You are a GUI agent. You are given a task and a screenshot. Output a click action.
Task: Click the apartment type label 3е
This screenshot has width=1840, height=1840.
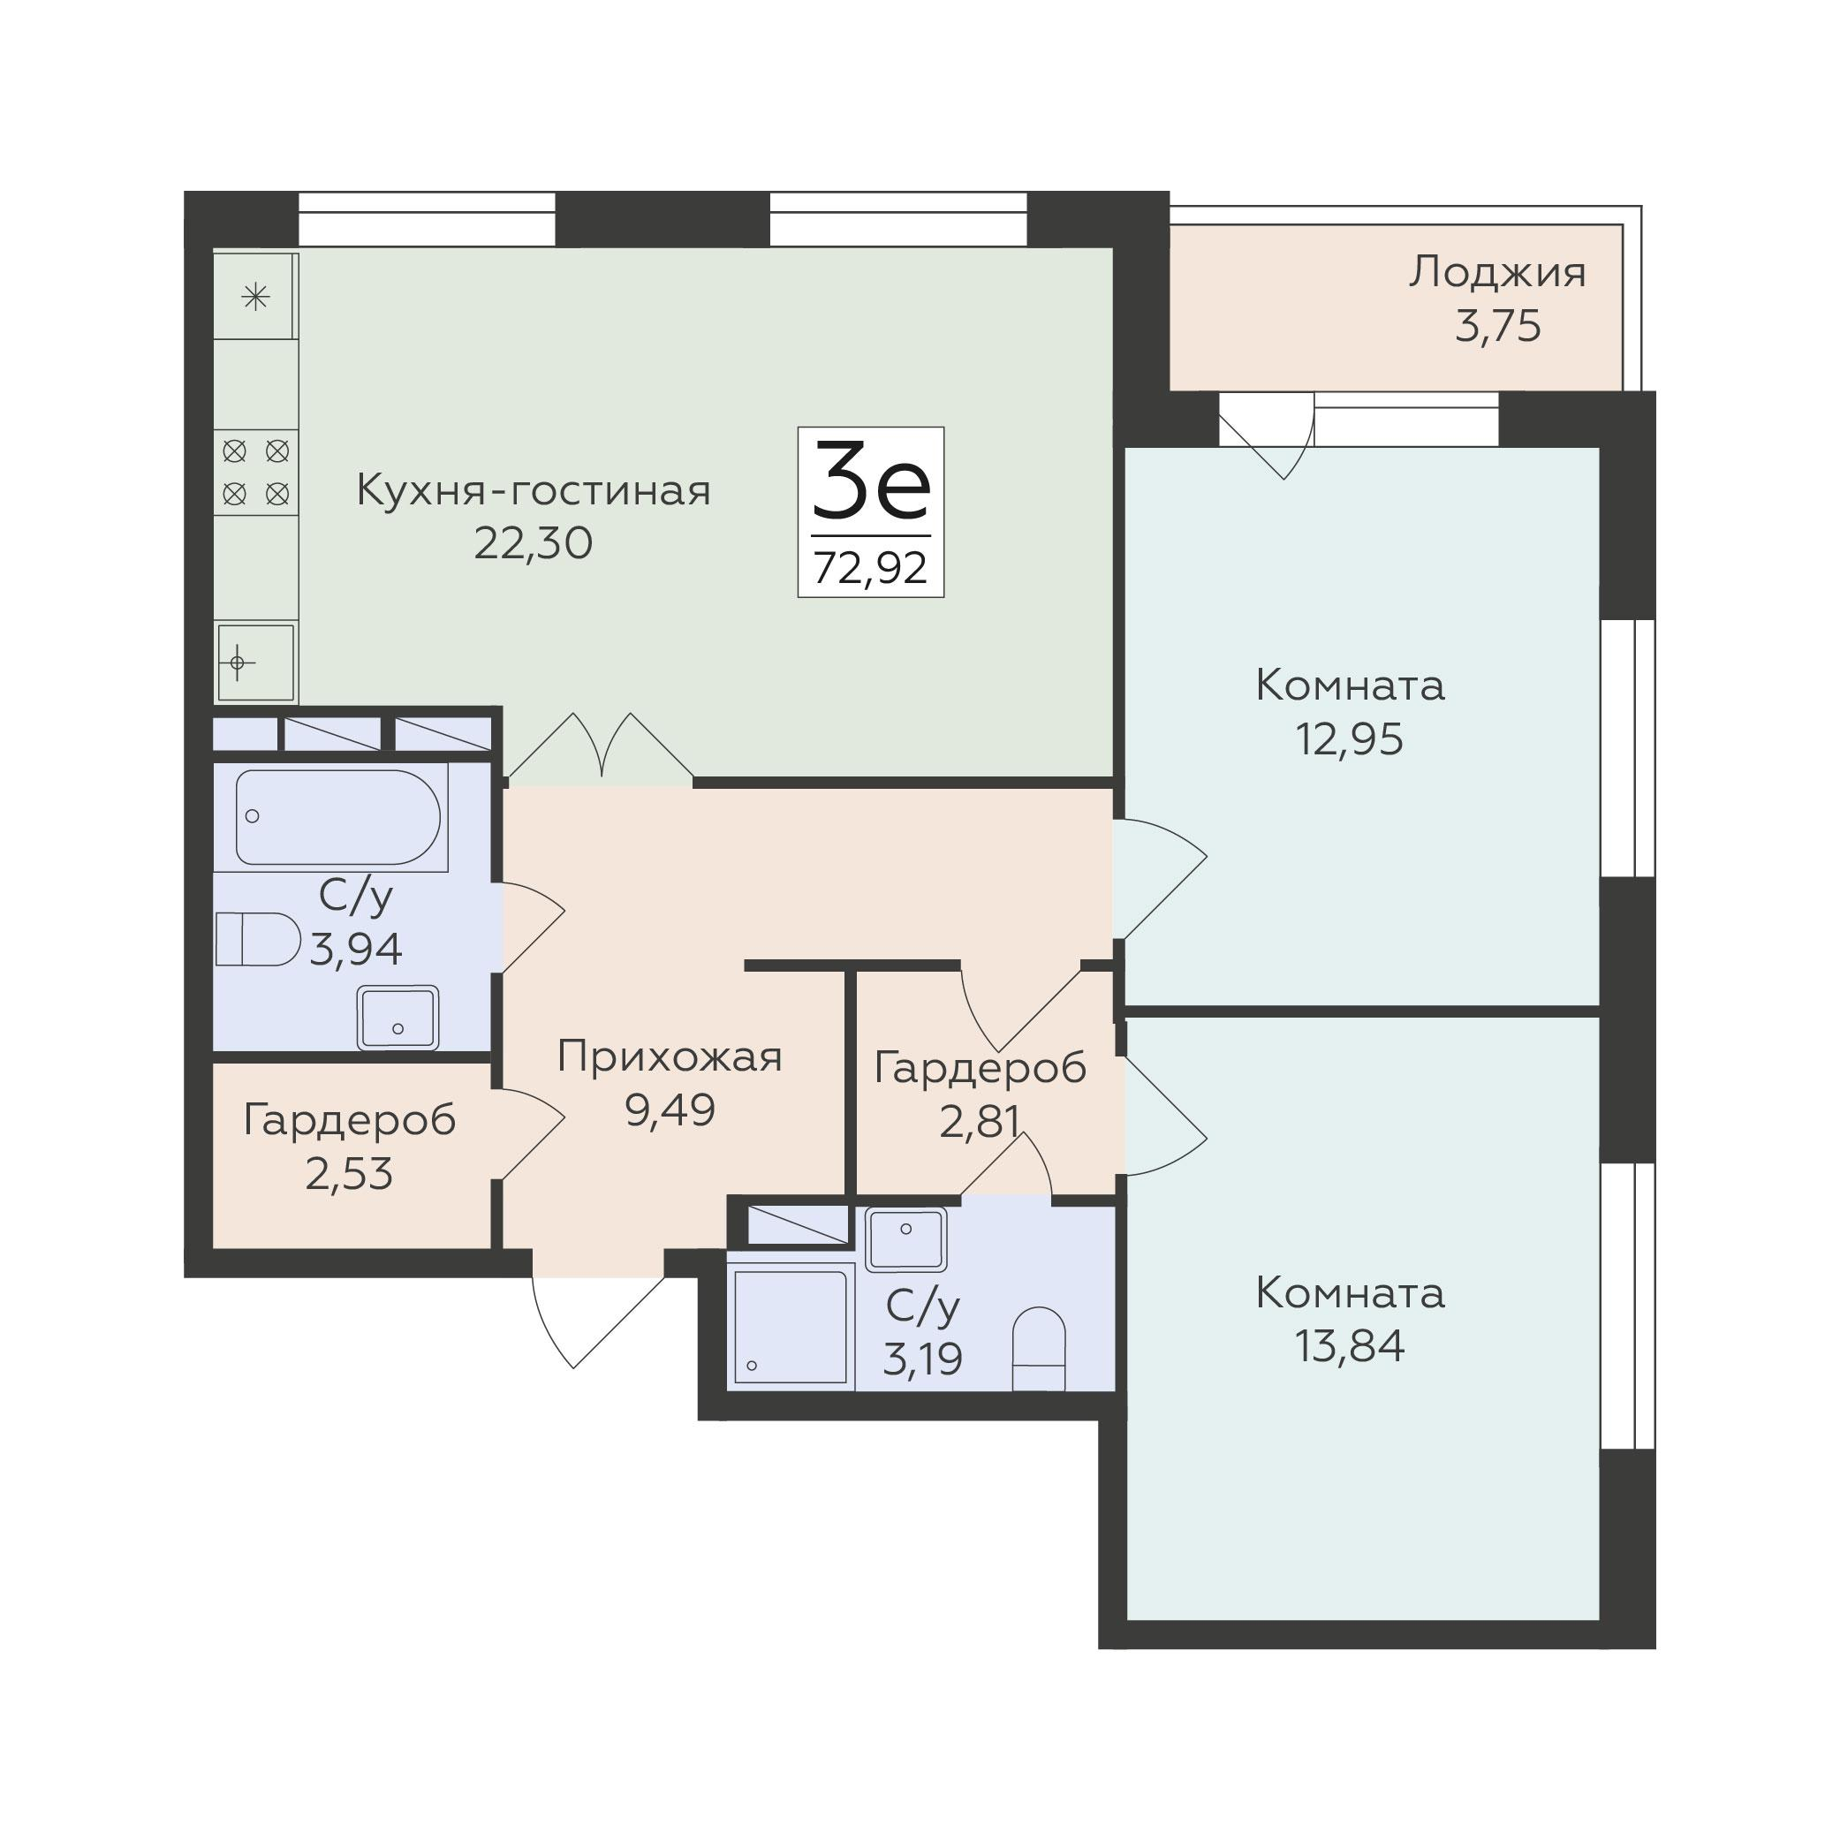click(870, 482)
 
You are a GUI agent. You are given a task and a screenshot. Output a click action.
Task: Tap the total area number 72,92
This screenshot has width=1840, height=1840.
click(870, 569)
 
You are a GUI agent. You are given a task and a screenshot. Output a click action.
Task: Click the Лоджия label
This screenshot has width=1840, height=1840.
click(1497, 273)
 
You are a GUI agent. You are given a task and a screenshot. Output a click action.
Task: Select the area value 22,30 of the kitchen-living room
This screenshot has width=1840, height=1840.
click(534, 543)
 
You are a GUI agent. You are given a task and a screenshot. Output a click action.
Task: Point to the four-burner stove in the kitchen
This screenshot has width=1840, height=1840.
click(255, 473)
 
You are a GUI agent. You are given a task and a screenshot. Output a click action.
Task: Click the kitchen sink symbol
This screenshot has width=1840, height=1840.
click(255, 662)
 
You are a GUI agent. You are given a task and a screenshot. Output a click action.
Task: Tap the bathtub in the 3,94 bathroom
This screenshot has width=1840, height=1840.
click(338, 816)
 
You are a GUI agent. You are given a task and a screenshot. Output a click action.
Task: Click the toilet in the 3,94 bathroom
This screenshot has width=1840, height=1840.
click(258, 939)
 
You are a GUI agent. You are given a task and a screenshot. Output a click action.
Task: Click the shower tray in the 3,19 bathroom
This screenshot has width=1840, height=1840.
click(791, 1327)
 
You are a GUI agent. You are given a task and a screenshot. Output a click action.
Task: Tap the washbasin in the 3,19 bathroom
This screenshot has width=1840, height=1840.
click(905, 1239)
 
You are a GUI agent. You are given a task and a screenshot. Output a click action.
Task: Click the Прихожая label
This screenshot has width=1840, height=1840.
click(670, 1057)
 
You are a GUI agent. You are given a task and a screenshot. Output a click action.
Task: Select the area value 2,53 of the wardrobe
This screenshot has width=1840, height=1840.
click(349, 1173)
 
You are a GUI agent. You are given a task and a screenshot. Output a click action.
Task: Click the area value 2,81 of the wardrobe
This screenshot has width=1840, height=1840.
click(980, 1121)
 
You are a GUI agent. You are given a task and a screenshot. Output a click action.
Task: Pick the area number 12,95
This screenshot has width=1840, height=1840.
click(1350, 739)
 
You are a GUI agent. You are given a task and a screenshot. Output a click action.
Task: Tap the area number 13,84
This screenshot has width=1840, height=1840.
click(1350, 1347)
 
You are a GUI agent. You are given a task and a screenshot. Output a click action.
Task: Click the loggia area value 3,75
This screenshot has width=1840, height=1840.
click(1497, 327)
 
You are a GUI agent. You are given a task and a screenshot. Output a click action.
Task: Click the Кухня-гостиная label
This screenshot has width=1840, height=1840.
click(534, 490)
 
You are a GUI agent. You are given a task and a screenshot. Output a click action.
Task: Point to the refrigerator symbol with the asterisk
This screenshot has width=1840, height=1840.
click(255, 296)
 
